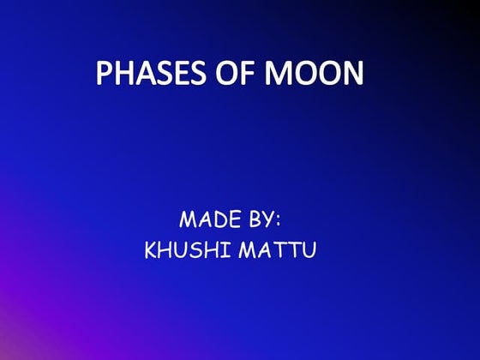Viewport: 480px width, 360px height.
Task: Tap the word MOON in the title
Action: point(313,74)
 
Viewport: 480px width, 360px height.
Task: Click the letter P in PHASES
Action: point(105,74)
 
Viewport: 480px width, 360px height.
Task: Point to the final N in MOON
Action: point(352,74)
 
